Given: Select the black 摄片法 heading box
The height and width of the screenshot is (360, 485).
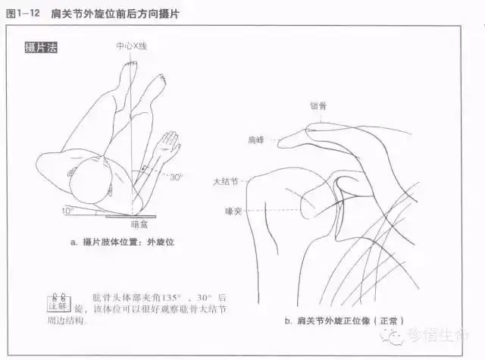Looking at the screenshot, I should click(41, 48).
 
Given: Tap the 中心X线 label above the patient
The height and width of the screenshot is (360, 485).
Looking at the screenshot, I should click(131, 45).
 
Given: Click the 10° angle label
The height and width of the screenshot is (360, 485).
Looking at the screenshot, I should click(67, 210).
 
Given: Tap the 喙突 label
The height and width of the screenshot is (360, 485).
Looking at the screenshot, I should click(233, 209).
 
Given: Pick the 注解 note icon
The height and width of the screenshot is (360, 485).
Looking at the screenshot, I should click(57, 302).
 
